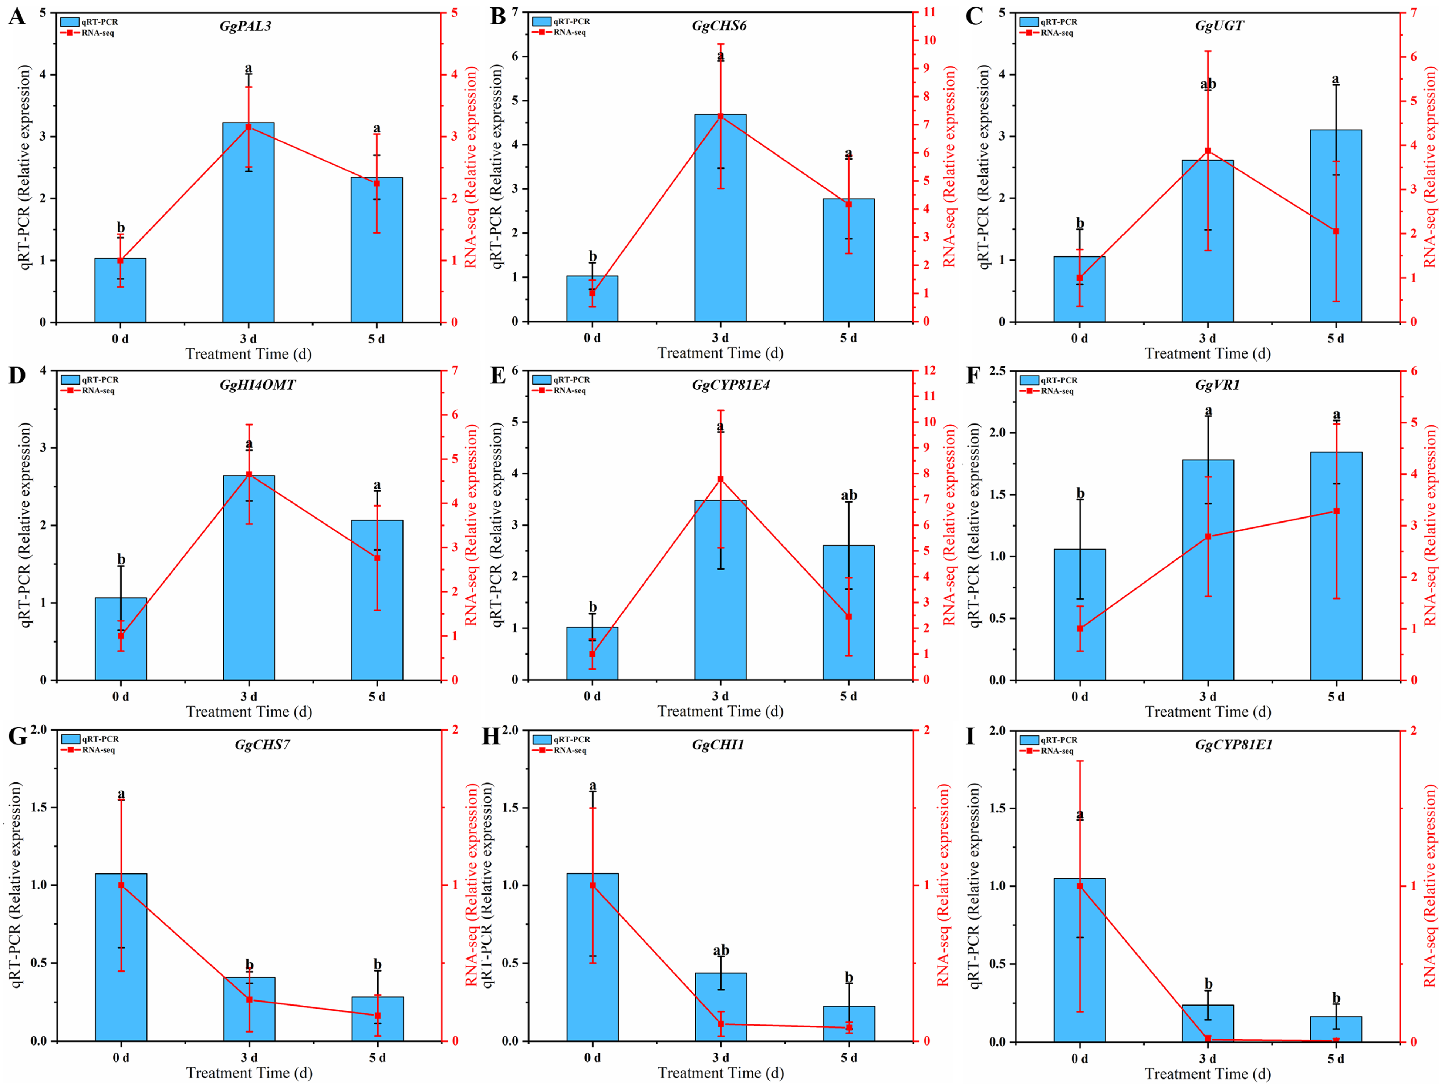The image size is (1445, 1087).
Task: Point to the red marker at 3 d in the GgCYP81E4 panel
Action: click(x=720, y=479)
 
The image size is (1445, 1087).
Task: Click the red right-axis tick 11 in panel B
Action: click(x=929, y=13)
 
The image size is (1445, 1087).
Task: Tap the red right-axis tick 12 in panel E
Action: click(x=929, y=370)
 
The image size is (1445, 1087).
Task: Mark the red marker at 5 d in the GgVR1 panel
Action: click(x=1336, y=511)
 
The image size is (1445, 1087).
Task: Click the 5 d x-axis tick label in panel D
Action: click(x=377, y=697)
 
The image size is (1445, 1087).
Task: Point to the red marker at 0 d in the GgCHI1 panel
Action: click(x=592, y=885)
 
